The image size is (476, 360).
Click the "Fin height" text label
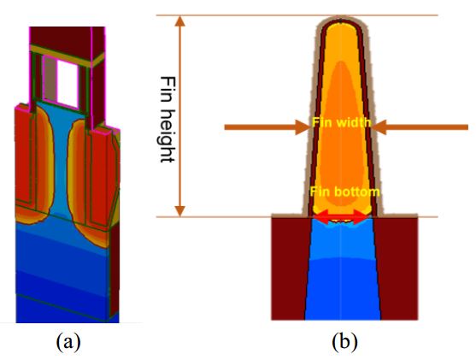pyautogui.click(x=167, y=119)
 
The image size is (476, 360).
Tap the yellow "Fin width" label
pyautogui.click(x=342, y=122)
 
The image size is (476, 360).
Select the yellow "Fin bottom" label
pyautogui.click(x=345, y=192)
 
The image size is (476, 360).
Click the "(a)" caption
pyautogui.click(x=68, y=342)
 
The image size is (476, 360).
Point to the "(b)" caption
pyautogui.click(x=344, y=342)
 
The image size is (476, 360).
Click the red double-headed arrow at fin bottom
pyautogui.click(x=341, y=217)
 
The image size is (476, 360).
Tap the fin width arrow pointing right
pyautogui.click(x=267, y=127)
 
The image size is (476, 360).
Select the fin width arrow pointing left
pyautogui.click(x=420, y=127)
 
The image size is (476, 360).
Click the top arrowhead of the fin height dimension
pyautogui.click(x=180, y=21)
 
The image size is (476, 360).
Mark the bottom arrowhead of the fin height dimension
pyautogui.click(x=180, y=211)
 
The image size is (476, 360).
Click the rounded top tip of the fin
pyautogui.click(x=341, y=19)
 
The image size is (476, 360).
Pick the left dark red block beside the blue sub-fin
pyautogui.click(x=288, y=269)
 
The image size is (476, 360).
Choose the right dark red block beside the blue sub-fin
pyautogui.click(x=397, y=269)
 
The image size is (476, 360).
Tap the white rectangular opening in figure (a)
pyautogui.click(x=68, y=84)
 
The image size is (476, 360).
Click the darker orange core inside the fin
pyautogui.click(x=342, y=137)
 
